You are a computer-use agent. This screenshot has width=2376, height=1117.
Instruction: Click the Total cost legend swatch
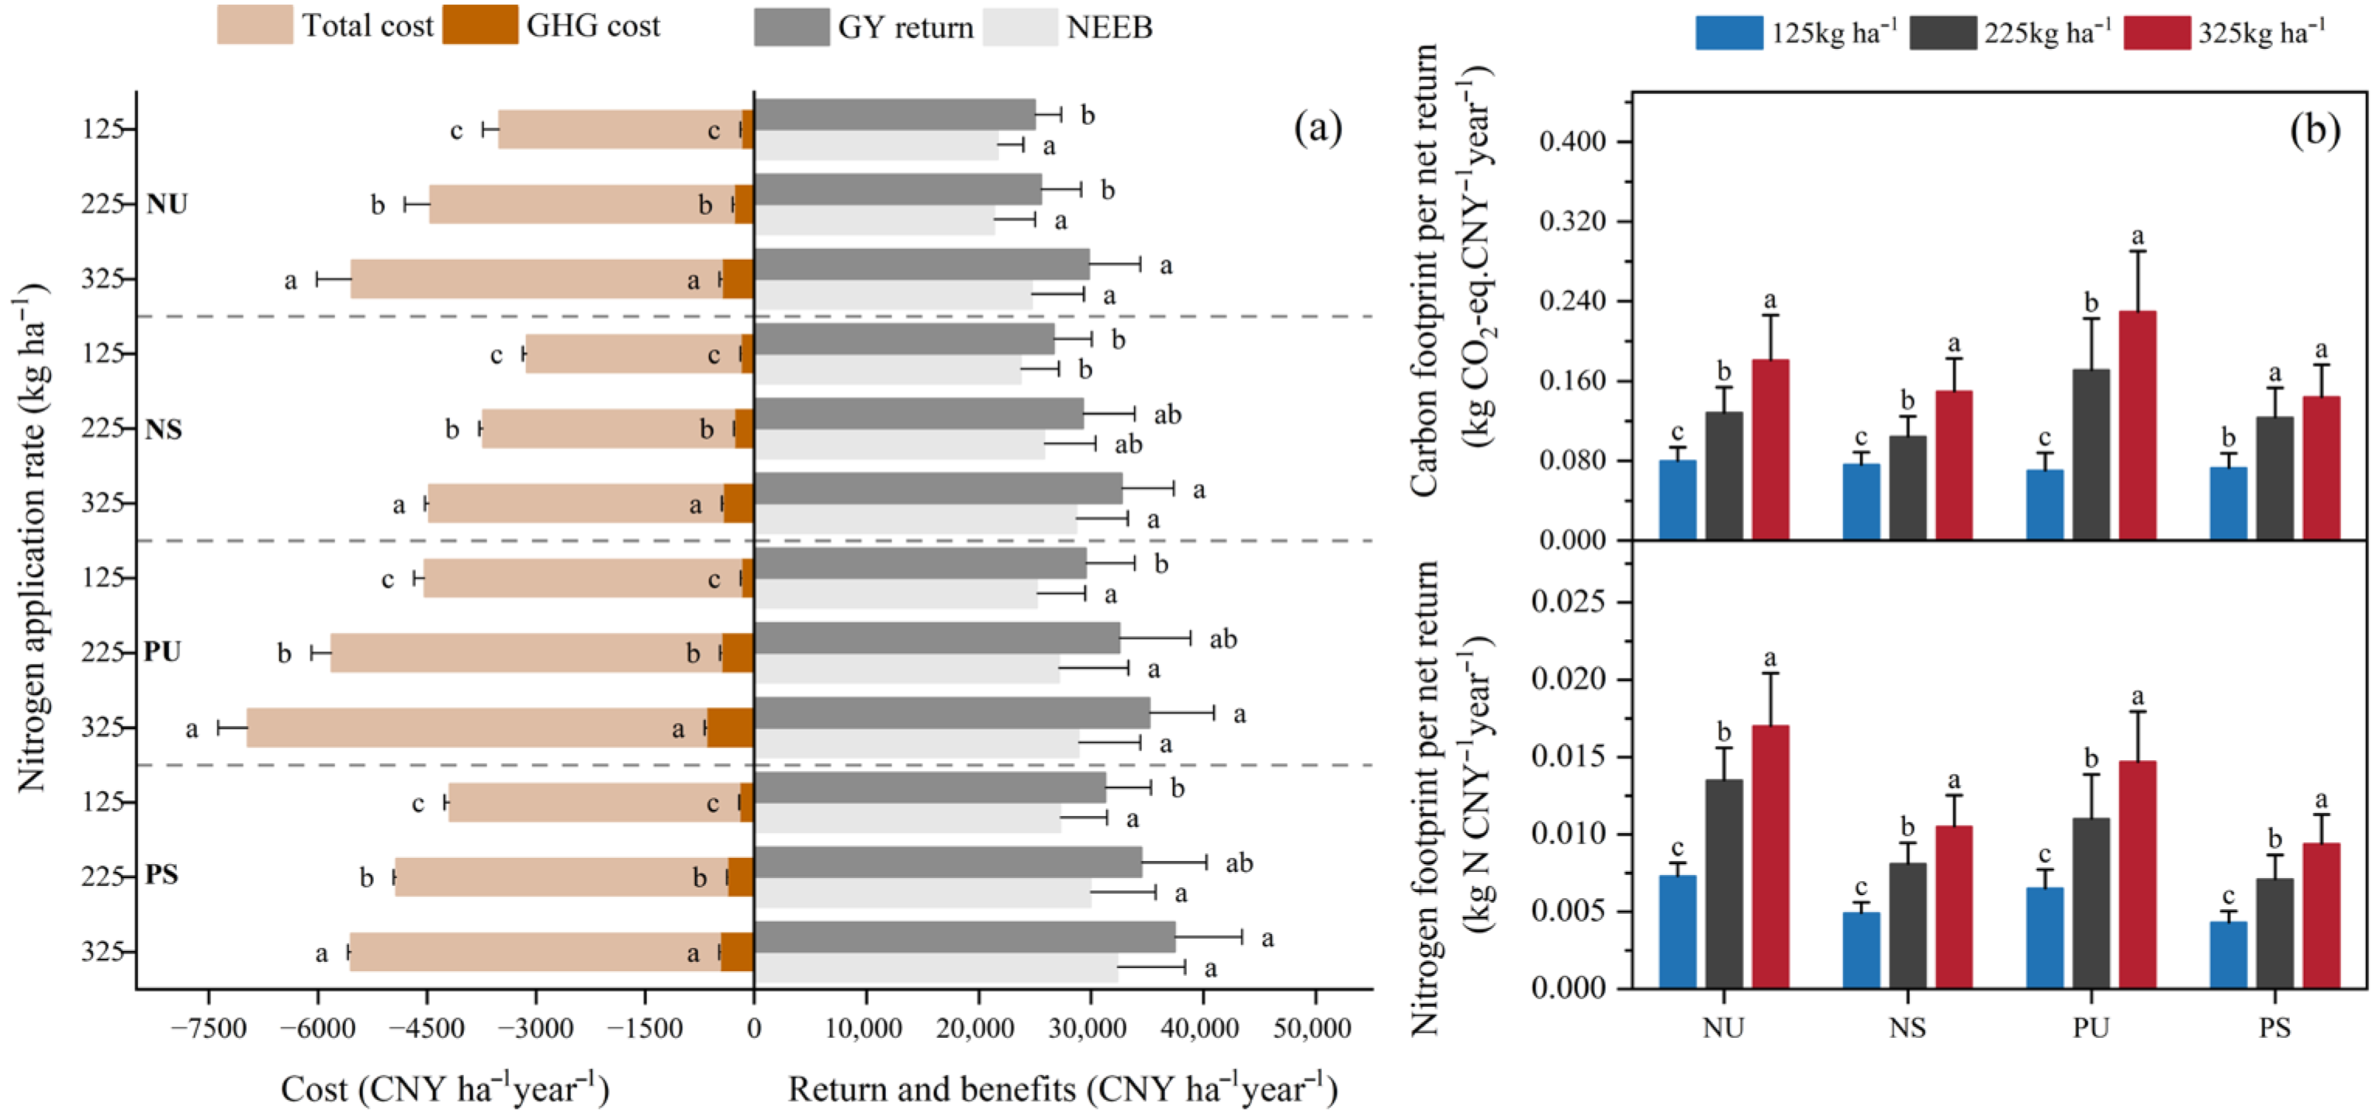254,25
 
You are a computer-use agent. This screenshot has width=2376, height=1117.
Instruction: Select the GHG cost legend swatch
479,25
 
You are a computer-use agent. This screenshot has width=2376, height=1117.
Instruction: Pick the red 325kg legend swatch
2156,33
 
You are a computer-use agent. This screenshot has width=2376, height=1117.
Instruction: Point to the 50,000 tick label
1313,1028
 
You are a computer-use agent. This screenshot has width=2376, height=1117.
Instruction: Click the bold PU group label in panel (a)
162,652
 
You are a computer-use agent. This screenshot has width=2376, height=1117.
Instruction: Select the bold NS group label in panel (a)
163,429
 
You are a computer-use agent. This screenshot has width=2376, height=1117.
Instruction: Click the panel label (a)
1318,127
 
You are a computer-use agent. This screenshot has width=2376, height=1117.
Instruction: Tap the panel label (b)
2315,131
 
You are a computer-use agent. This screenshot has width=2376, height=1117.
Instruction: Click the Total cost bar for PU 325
477,727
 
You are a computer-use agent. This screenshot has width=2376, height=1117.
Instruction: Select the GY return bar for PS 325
965,936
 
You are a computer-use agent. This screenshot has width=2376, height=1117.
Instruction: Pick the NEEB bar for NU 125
877,145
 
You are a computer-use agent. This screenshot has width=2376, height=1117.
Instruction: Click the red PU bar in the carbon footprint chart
2137,425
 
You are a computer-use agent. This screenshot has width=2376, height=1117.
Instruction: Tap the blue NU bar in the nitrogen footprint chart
1678,932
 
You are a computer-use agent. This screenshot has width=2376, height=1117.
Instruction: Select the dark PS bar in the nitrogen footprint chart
2274,932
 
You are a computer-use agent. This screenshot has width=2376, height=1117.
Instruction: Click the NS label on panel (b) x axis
1907,1028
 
